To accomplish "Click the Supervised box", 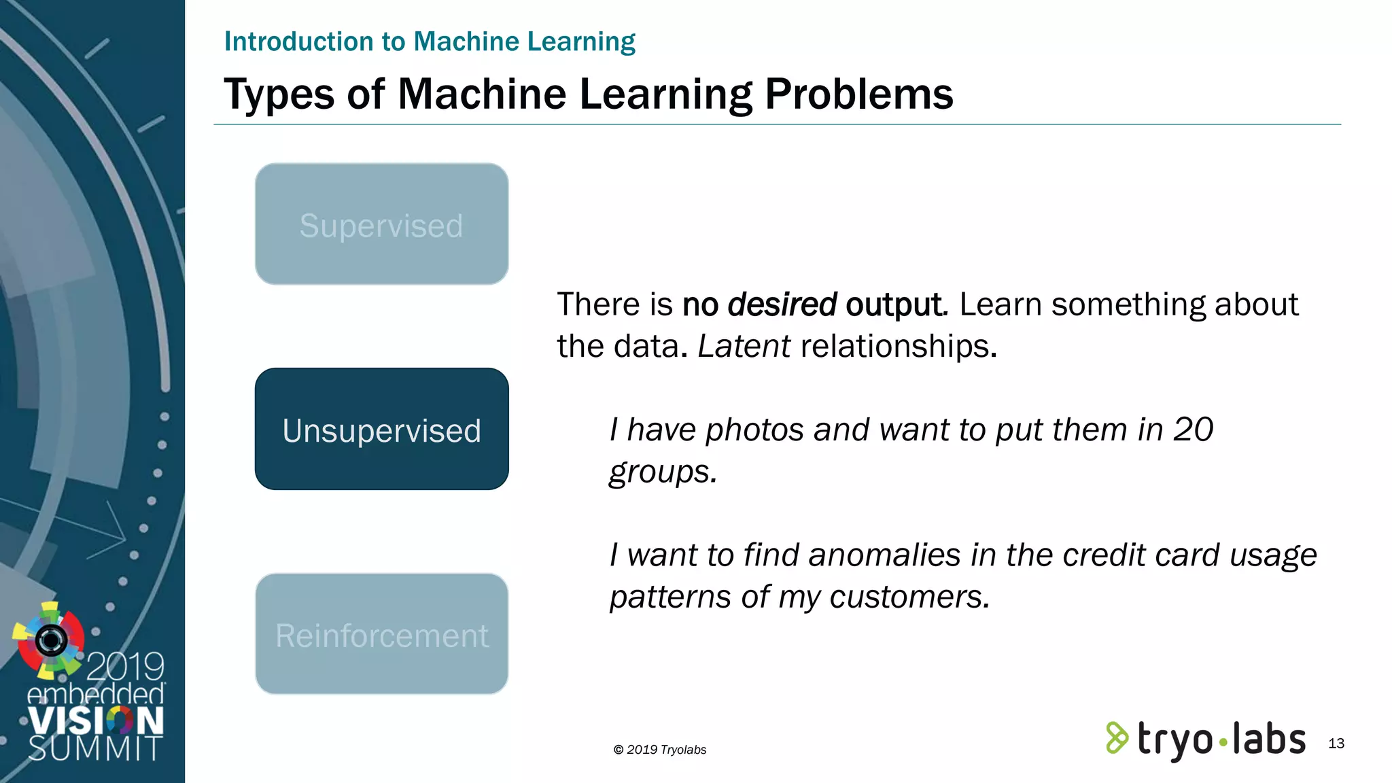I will point(381,224).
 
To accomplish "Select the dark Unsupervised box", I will point(381,429).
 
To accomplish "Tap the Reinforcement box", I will point(381,634).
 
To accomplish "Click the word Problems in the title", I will point(858,94).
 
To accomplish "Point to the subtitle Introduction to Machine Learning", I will point(430,41).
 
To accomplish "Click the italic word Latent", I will point(744,346).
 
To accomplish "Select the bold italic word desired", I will point(782,304).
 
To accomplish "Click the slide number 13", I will point(1336,744).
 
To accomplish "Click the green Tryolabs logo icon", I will point(1116,737).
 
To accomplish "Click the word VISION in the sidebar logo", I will point(95,720).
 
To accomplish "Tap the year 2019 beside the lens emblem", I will point(125,667).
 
